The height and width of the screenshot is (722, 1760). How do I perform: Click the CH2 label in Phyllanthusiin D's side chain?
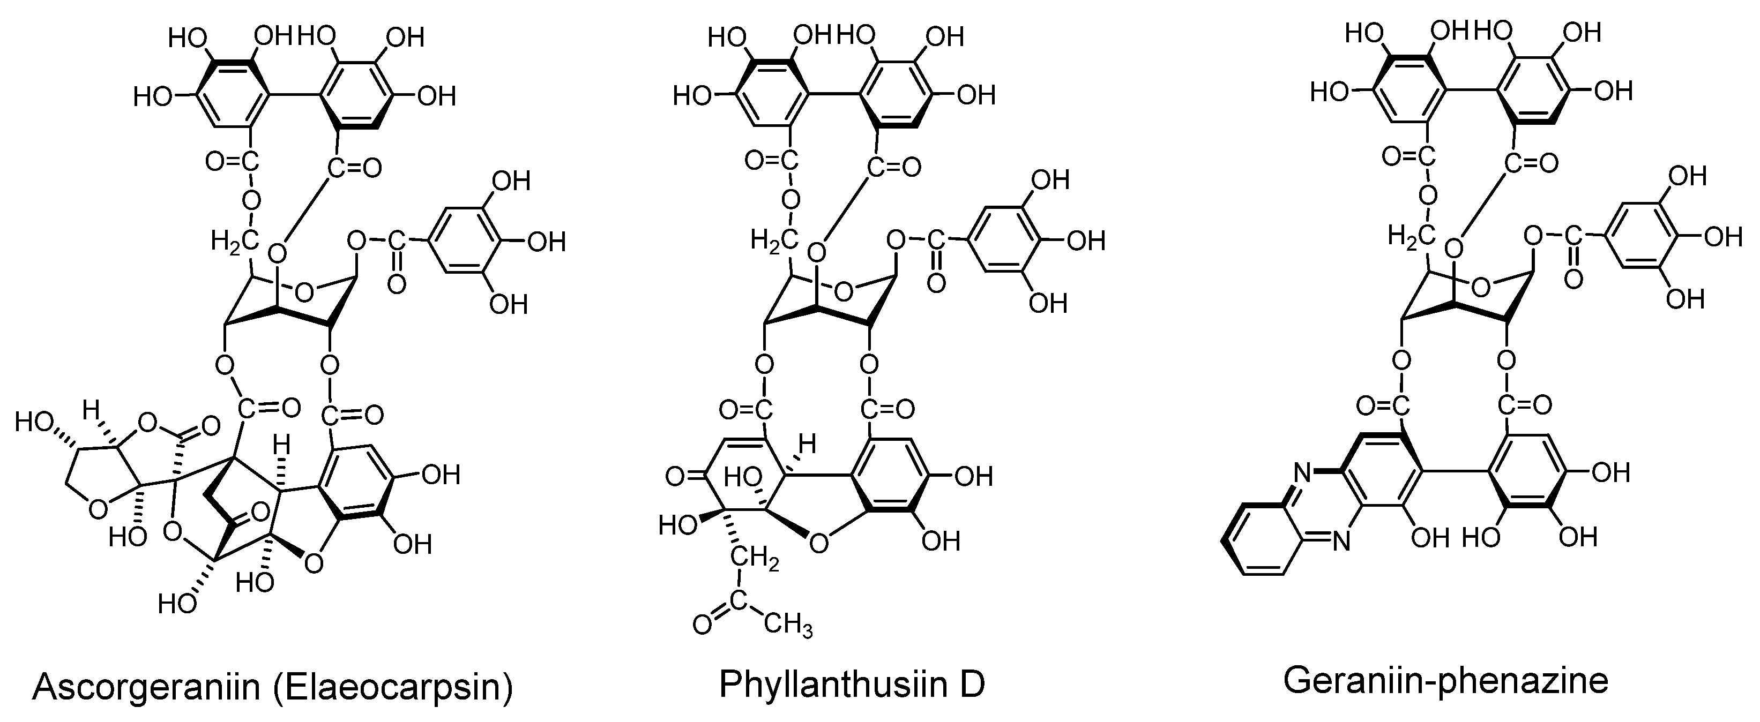756,559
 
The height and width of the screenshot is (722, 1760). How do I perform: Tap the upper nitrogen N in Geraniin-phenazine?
1302,471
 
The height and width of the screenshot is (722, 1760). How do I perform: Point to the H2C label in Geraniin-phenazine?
1410,236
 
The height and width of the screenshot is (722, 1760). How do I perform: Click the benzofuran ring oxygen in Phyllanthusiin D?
818,543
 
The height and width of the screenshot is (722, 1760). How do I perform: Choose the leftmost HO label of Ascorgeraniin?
34,422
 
